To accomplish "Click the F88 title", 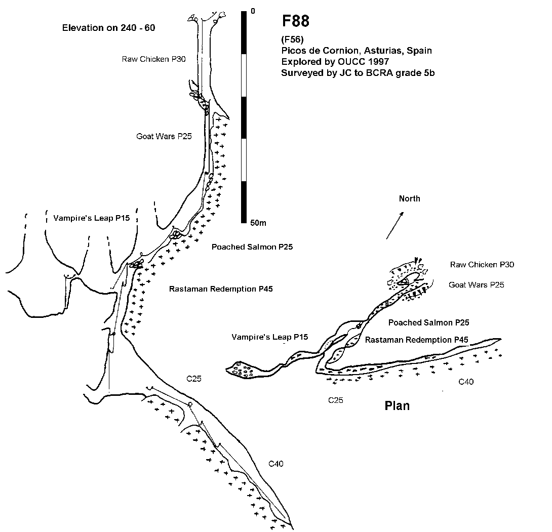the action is point(296,21).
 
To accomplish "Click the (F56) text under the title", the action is point(292,39).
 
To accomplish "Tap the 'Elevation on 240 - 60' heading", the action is point(108,28).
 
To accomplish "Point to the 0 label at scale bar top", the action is point(253,11).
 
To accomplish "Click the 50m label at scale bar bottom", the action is point(258,223).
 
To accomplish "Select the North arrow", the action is point(395,226).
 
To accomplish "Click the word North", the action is point(409,198).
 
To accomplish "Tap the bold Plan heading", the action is point(397,405).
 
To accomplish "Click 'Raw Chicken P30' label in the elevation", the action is point(154,59).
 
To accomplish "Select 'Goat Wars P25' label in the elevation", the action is point(164,136).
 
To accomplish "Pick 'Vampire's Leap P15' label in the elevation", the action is point(92,218).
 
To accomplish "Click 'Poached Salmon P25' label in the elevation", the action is point(252,247).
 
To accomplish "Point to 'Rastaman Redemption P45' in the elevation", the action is point(221,289).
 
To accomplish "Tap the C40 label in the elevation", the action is point(276,464).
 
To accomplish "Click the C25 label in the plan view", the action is point(335,400).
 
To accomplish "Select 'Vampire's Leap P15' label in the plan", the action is point(269,337).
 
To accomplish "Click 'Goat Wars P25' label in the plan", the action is point(477,285).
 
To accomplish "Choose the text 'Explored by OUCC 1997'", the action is point(335,62).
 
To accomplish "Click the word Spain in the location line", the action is point(419,51).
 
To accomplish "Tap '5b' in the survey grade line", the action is point(429,73).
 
